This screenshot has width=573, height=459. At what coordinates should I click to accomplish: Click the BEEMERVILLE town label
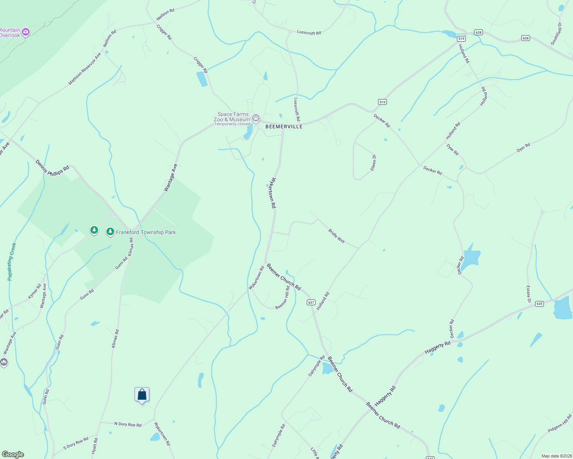(x=284, y=127)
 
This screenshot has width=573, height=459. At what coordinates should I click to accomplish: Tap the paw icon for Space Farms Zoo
(x=256, y=118)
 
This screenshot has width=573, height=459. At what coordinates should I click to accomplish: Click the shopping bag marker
(x=142, y=394)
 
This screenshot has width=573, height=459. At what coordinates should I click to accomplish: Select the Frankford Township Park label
(x=146, y=232)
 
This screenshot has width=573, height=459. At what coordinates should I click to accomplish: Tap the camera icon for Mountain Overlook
(x=26, y=32)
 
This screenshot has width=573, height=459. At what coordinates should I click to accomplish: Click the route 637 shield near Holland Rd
(x=311, y=302)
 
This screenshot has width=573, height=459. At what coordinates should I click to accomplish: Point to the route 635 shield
(x=539, y=304)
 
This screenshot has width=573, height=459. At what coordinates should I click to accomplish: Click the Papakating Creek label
(x=12, y=262)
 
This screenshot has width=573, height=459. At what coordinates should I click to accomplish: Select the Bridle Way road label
(x=337, y=236)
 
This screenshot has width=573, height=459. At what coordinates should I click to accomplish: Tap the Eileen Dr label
(x=373, y=163)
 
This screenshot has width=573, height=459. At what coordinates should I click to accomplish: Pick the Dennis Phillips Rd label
(x=52, y=168)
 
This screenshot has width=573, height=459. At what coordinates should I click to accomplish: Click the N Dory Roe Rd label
(x=128, y=424)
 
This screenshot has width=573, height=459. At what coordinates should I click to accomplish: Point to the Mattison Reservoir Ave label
(x=85, y=69)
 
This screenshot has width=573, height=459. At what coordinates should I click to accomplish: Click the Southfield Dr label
(x=556, y=34)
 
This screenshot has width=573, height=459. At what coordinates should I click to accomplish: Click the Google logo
(x=13, y=454)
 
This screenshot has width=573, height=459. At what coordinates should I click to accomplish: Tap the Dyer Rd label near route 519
(x=452, y=149)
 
